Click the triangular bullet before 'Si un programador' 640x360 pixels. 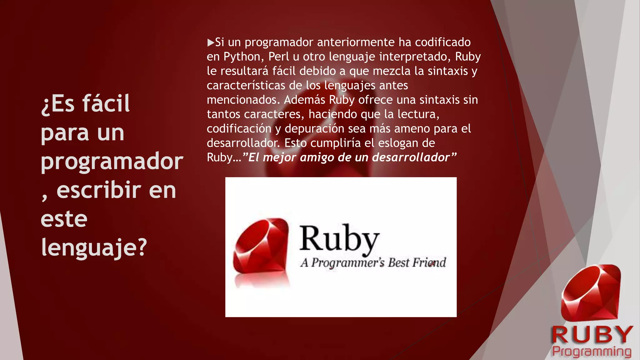211,42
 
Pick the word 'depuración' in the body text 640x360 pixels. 315,129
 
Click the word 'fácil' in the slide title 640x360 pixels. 106,103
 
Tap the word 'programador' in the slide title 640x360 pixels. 112,161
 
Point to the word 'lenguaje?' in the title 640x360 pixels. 94,247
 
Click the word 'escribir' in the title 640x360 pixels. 99,190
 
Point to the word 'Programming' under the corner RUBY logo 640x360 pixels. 592,351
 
